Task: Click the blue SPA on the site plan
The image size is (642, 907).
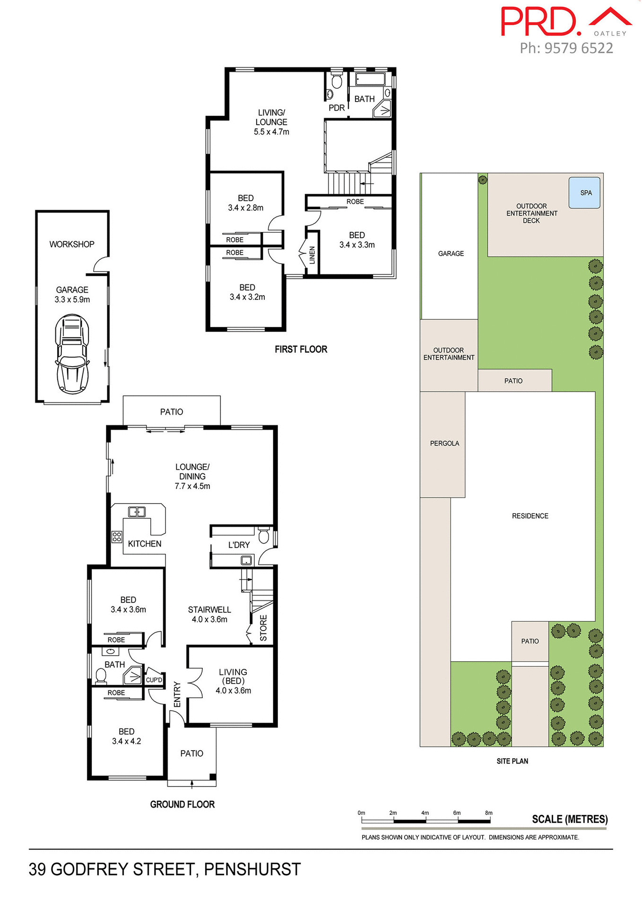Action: [x=584, y=193]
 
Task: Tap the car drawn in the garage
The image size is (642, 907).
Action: [x=72, y=354]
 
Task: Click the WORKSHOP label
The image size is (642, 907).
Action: [x=72, y=244]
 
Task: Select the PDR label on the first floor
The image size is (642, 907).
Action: [x=337, y=108]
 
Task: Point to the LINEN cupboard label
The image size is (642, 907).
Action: [x=312, y=256]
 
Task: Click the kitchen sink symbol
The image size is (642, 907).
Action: [x=137, y=512]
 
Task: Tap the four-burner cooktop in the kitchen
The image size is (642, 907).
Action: [x=117, y=537]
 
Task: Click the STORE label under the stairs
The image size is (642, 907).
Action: [x=263, y=628]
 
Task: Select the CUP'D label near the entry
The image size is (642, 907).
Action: [x=154, y=680]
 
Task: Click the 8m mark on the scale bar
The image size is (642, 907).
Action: [x=489, y=813]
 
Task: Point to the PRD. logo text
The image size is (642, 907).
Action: [x=539, y=22]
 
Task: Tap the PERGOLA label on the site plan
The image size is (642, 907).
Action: [x=444, y=444]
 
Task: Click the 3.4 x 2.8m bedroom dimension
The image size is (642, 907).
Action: [x=246, y=208]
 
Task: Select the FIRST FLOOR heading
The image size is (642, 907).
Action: [x=301, y=350]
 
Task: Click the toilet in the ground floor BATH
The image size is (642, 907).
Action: [x=101, y=676]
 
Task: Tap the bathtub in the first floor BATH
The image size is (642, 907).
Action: [x=370, y=79]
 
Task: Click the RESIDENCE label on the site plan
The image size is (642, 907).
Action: [x=530, y=516]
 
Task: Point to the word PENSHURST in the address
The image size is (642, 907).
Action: [x=252, y=870]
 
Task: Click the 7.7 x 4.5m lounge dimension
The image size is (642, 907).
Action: [x=192, y=486]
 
